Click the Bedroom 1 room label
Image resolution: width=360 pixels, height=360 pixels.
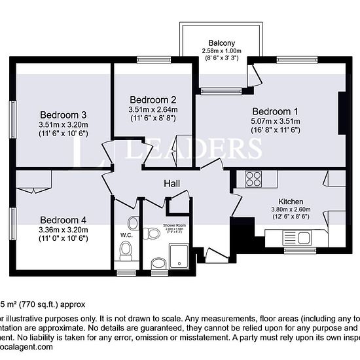[x=276, y=111]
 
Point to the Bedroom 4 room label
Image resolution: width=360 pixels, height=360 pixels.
[x=63, y=220]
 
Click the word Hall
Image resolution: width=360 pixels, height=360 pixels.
[x=172, y=185]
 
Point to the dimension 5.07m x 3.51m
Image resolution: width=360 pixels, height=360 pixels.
[x=276, y=121]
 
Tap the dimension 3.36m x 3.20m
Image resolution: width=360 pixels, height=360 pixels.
[x=63, y=230]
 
